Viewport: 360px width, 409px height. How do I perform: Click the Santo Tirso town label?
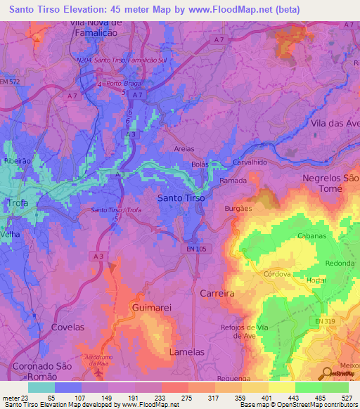click(181, 198)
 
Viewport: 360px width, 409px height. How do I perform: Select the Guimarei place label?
click(151, 308)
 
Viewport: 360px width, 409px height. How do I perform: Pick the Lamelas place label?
click(187, 351)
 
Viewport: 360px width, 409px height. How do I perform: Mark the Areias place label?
click(185, 149)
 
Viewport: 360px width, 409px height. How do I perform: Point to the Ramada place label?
click(233, 181)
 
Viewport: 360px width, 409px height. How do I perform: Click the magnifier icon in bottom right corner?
click(328, 373)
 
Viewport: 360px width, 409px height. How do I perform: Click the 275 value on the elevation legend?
click(167, 398)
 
